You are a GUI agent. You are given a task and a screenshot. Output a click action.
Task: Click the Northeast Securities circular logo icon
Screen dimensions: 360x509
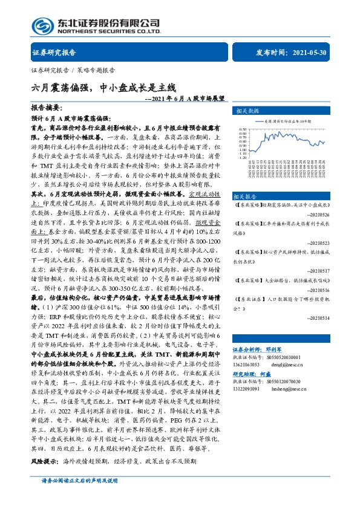click(x=42, y=25)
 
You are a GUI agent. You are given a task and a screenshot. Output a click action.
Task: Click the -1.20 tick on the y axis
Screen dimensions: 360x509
click(x=242, y=158)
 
